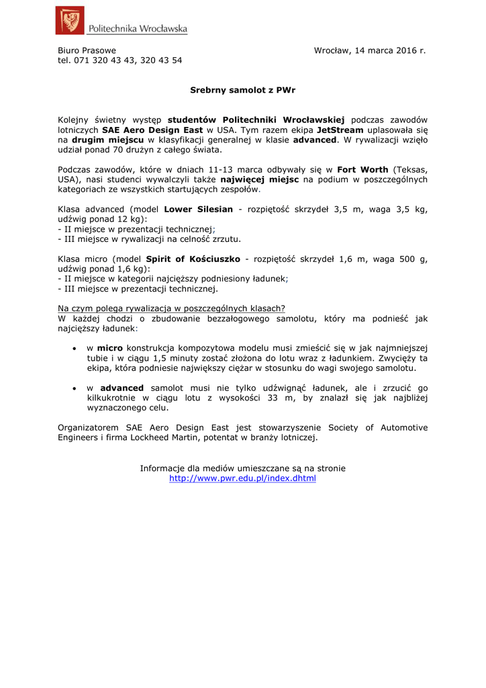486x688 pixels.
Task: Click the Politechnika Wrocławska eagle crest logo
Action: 70,20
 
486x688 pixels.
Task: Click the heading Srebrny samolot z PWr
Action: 243,89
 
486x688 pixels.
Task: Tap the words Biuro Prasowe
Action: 87,50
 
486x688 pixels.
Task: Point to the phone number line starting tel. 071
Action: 119,60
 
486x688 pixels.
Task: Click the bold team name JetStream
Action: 340,129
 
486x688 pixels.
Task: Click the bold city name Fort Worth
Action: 362,169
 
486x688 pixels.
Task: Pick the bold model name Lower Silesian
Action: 198,209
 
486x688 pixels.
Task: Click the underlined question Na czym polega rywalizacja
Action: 171,308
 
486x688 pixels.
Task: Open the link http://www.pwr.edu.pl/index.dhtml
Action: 242,478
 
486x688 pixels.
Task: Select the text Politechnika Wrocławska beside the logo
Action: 138,28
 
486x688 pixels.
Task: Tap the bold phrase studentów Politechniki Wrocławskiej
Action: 256,119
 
